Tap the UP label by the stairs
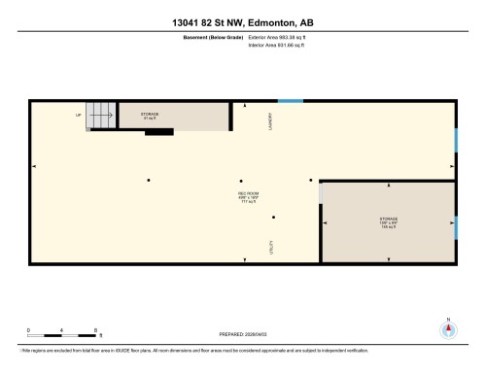pos(79,115)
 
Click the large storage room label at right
pos(389,222)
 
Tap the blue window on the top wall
pos(290,100)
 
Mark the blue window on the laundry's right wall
pos(456,139)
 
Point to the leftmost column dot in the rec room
pos(148,180)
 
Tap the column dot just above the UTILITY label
pos(274,218)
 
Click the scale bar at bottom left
pos(63,334)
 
